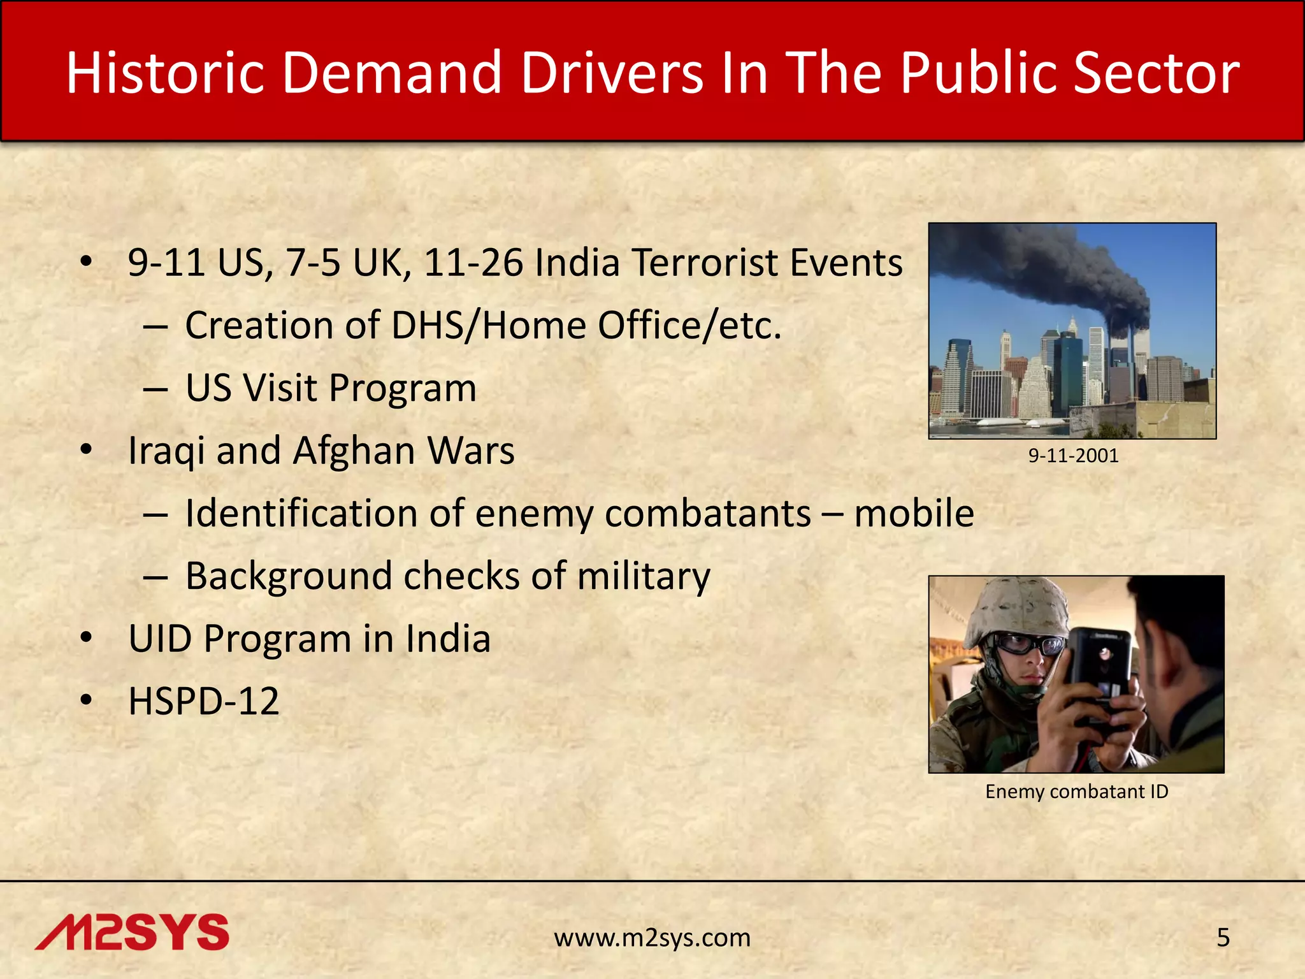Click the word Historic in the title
(164, 73)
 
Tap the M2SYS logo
(132, 932)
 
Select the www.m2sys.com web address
(652, 938)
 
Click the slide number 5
(1223, 938)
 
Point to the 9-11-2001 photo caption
(1073, 456)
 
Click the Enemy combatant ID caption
(1076, 792)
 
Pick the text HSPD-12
(204, 701)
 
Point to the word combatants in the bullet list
(707, 513)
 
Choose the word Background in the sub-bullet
(289, 576)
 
